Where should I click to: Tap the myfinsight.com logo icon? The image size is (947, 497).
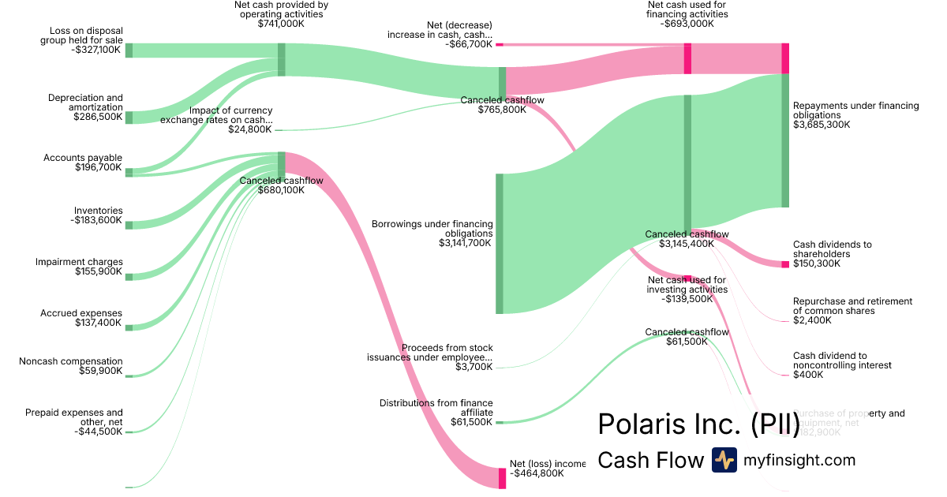point(724,460)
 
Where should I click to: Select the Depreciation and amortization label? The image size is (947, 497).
point(85,107)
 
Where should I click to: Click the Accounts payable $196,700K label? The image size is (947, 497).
point(83,163)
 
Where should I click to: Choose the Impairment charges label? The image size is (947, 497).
point(79,267)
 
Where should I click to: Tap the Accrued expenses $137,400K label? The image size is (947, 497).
point(81,318)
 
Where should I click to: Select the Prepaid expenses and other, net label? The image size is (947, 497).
point(74,421)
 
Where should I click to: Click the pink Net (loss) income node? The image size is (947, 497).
point(502,478)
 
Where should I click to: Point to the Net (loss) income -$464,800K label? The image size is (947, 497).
point(548,469)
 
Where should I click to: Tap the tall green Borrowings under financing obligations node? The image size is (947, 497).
point(499,244)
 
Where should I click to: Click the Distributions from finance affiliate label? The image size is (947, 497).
point(436,413)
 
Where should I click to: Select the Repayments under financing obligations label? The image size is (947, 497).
point(855,115)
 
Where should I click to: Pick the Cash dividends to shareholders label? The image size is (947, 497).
point(833,254)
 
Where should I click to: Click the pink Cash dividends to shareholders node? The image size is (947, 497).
point(785,264)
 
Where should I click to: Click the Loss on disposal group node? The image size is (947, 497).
point(129,50)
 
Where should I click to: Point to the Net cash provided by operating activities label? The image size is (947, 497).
point(281,14)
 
